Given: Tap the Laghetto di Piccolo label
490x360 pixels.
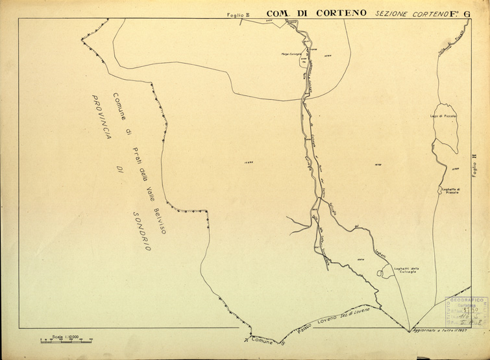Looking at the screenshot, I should [449, 191].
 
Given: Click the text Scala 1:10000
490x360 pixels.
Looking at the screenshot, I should [66, 336].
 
